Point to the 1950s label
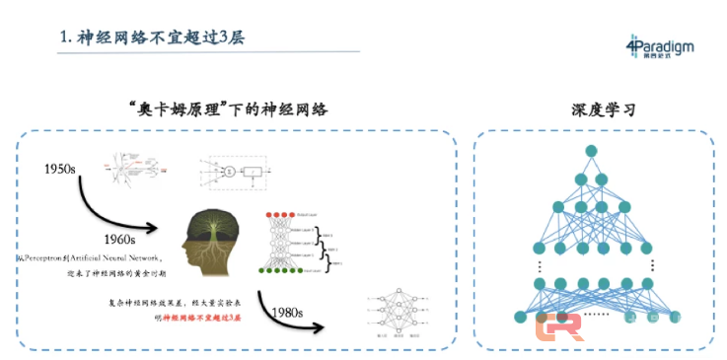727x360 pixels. point(61,170)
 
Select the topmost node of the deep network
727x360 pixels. point(591,150)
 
